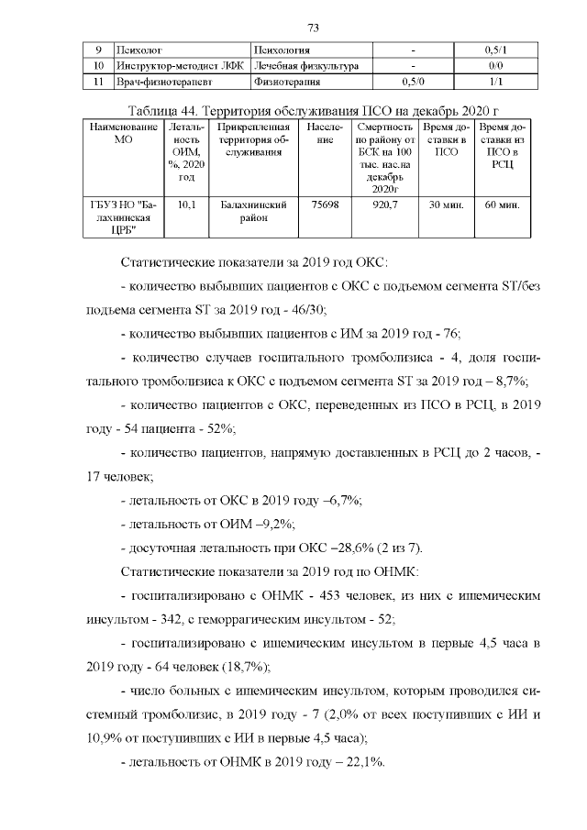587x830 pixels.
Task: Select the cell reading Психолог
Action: (137, 49)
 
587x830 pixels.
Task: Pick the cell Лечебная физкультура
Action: (306, 66)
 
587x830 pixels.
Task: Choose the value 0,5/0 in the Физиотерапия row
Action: (414, 83)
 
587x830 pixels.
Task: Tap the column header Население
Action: (327, 132)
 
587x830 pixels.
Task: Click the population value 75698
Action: (326, 205)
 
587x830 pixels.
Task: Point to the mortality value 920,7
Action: (384, 205)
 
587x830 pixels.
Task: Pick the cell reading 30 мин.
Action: (445, 205)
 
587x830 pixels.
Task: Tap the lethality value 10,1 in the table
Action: (186, 205)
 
